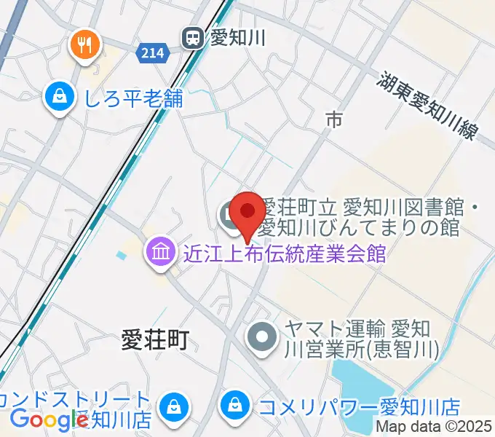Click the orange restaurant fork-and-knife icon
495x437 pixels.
click(86, 45)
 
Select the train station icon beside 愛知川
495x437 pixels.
click(193, 36)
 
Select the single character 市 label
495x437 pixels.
click(333, 120)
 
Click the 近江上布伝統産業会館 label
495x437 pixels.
click(283, 254)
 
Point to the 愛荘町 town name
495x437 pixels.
click(154, 340)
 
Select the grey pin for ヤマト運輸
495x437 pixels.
click(262, 337)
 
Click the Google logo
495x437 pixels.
click(49, 419)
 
